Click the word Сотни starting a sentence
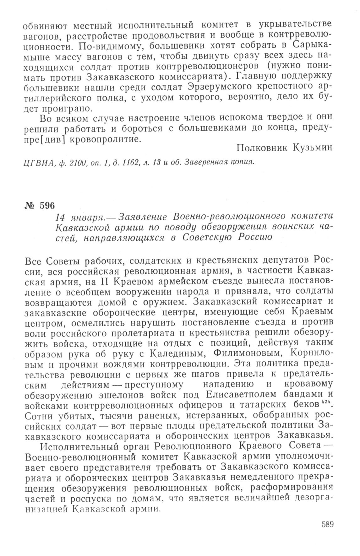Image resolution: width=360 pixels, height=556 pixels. point(40,414)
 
